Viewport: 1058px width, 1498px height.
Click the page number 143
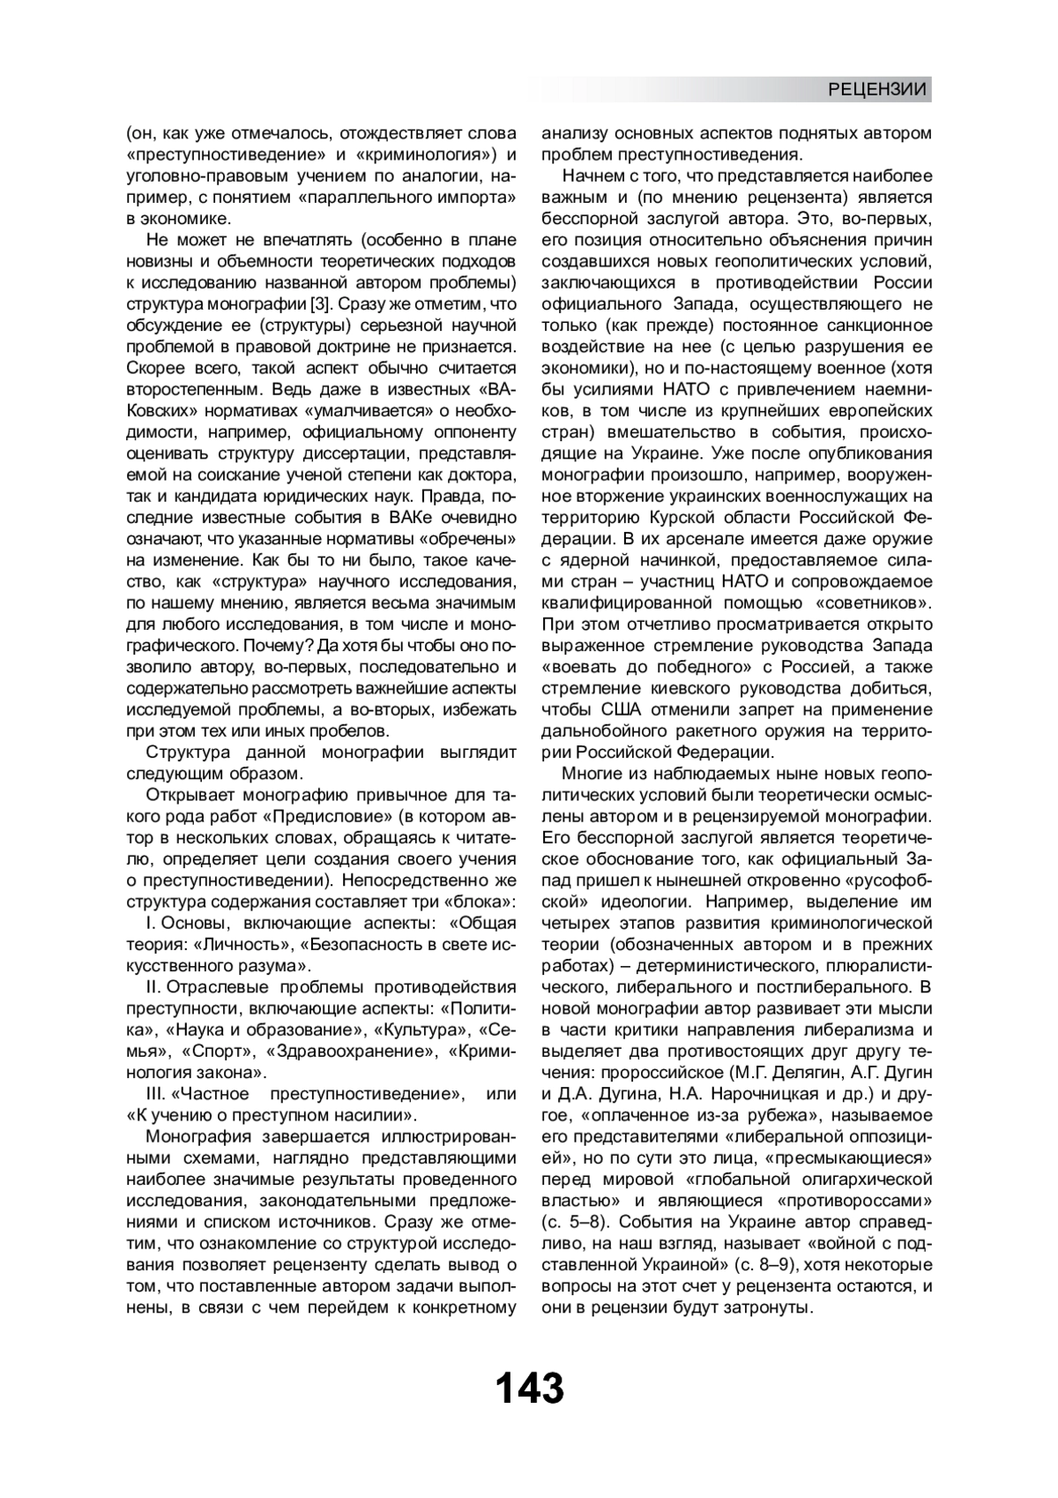(x=529, y=1388)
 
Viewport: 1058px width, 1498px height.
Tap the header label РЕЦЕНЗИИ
(x=877, y=89)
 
